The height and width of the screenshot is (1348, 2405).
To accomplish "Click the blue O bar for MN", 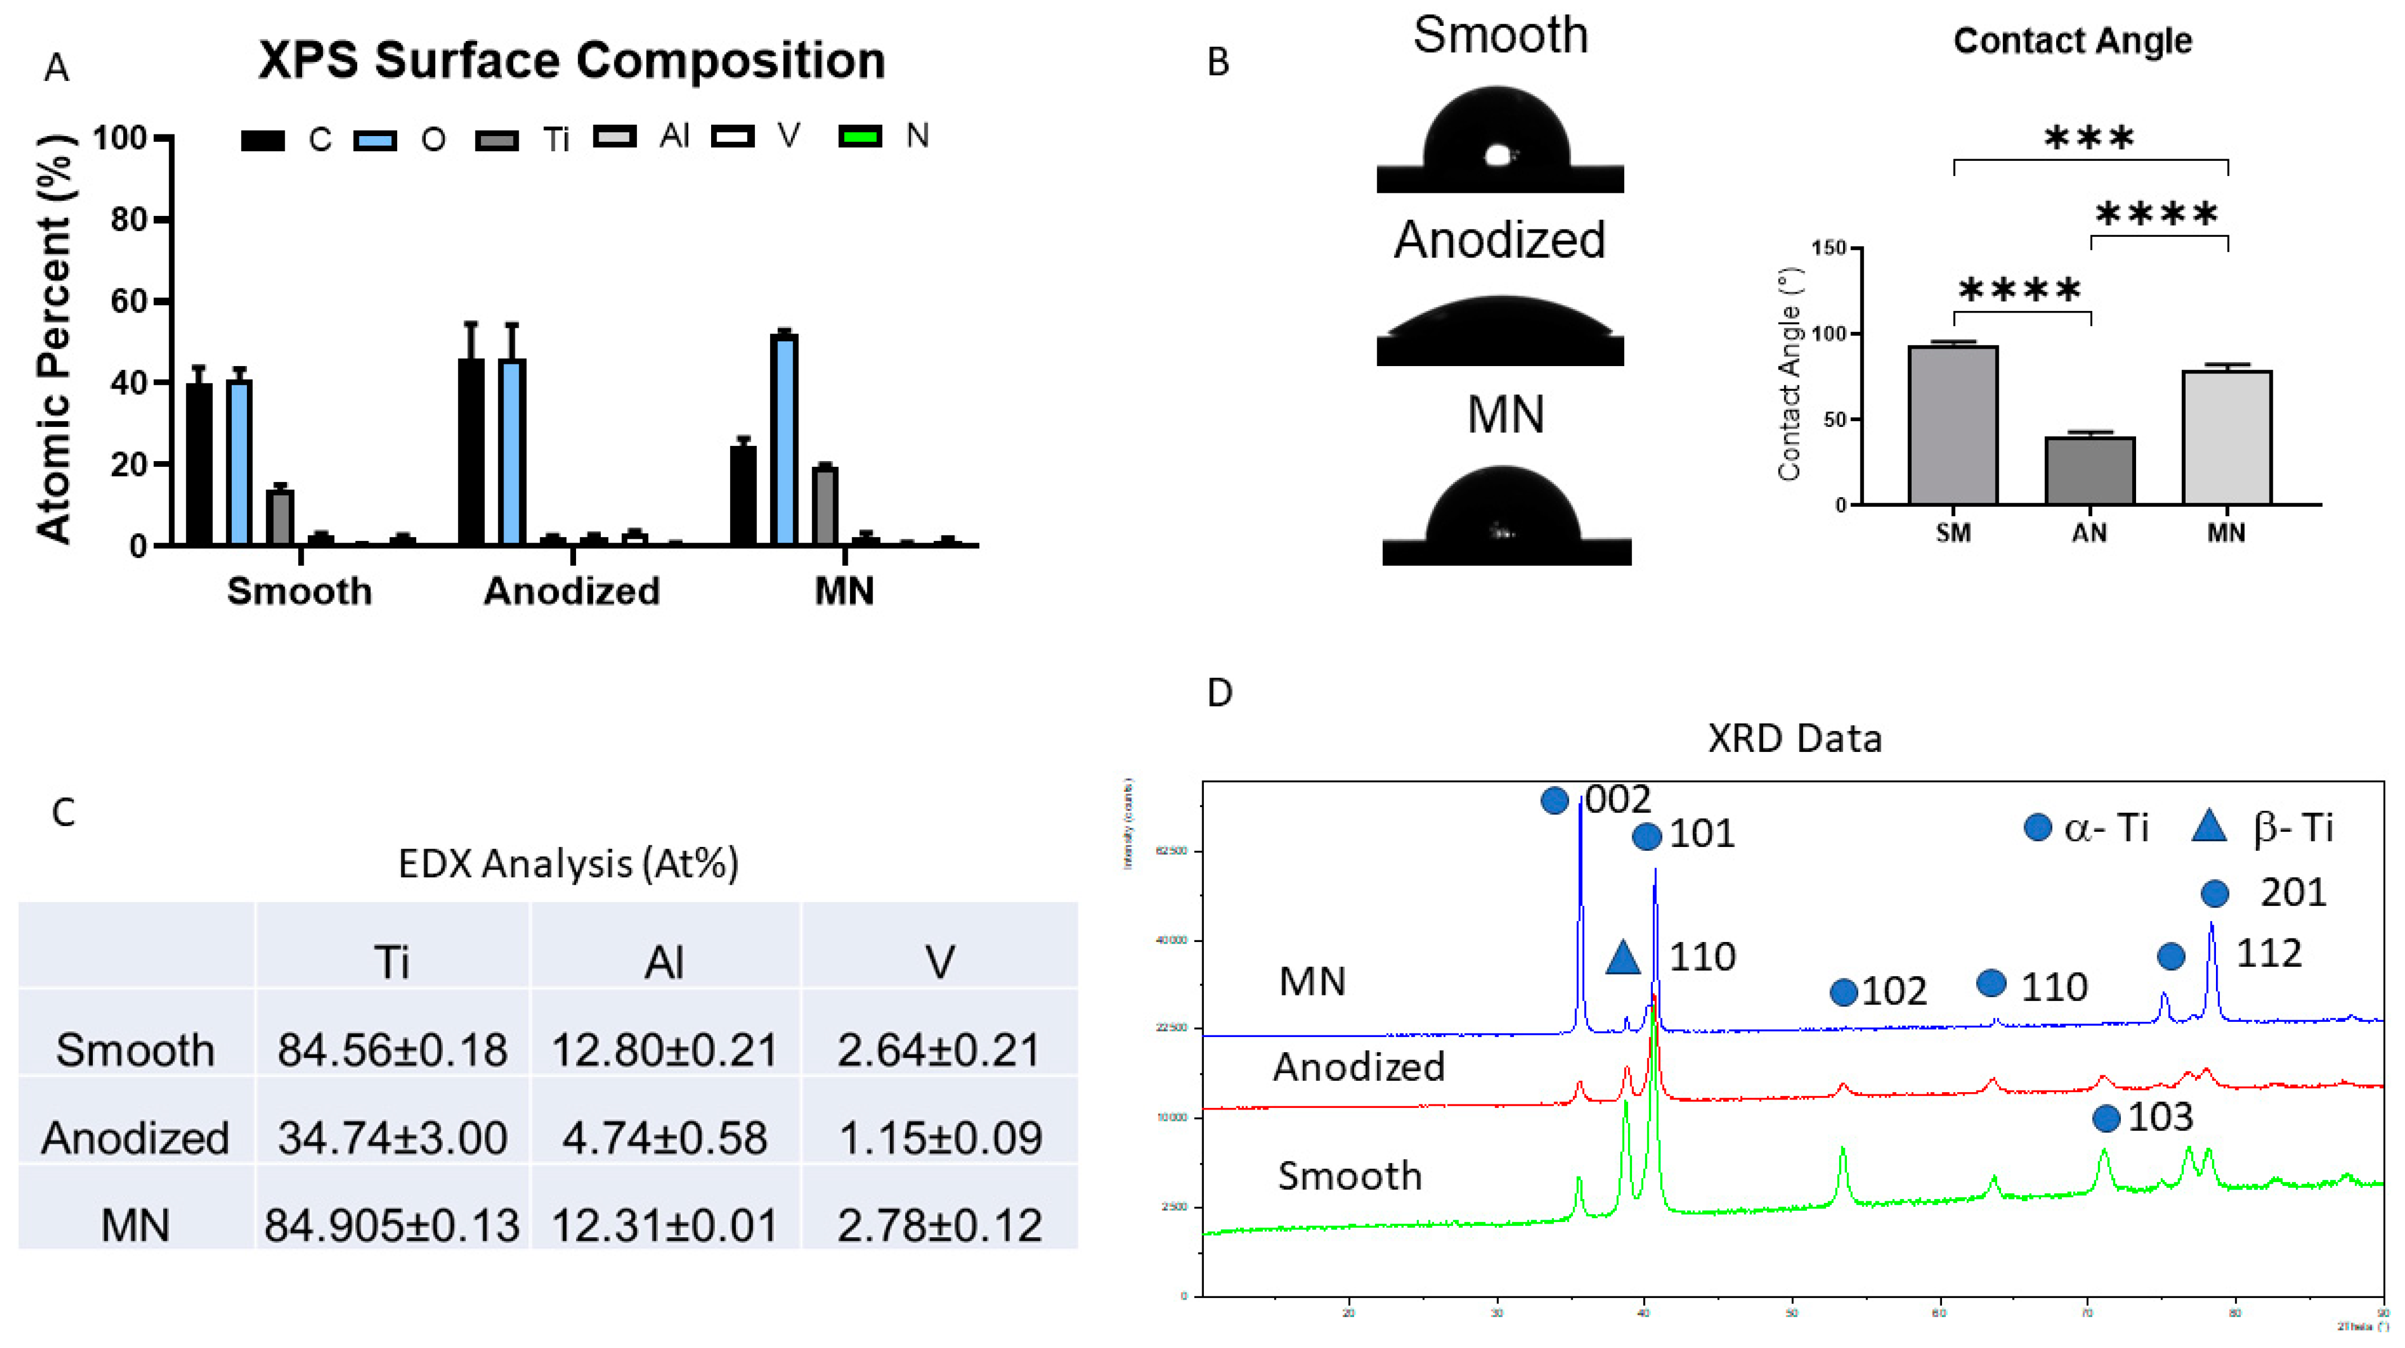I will [x=783, y=439].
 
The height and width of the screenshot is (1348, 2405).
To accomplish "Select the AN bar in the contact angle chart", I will [x=2089, y=471].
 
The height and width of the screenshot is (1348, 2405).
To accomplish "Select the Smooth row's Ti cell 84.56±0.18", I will [x=392, y=1050].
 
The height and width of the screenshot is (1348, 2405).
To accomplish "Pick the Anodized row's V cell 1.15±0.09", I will [x=939, y=1138].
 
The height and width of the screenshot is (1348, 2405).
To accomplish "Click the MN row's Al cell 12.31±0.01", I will [x=665, y=1225].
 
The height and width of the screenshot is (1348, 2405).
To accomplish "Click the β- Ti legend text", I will [x=2293, y=828].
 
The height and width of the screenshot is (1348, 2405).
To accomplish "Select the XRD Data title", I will [x=1793, y=738].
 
